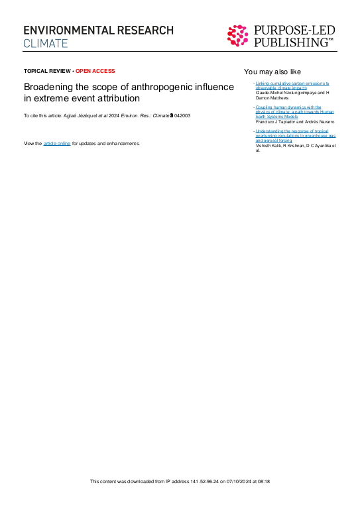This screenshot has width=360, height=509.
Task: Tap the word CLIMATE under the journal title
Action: pyautogui.click(x=46, y=44)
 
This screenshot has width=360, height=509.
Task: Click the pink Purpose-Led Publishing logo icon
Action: pyautogui.click(x=239, y=36)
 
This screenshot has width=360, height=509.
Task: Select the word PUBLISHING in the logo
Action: pyautogui.click(x=293, y=43)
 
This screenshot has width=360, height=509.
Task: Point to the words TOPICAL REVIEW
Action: pyautogui.click(x=47, y=71)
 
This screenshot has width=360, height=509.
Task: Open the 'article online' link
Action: pyautogui.click(x=56, y=143)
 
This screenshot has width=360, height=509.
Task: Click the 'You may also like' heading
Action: pyautogui.click(x=272, y=71)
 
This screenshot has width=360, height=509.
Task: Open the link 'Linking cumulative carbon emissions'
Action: pyautogui.click(x=292, y=84)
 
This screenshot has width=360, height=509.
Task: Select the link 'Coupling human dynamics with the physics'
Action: pyautogui.click(x=288, y=107)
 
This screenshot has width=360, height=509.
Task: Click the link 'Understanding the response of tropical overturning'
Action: pyautogui.click(x=292, y=132)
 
